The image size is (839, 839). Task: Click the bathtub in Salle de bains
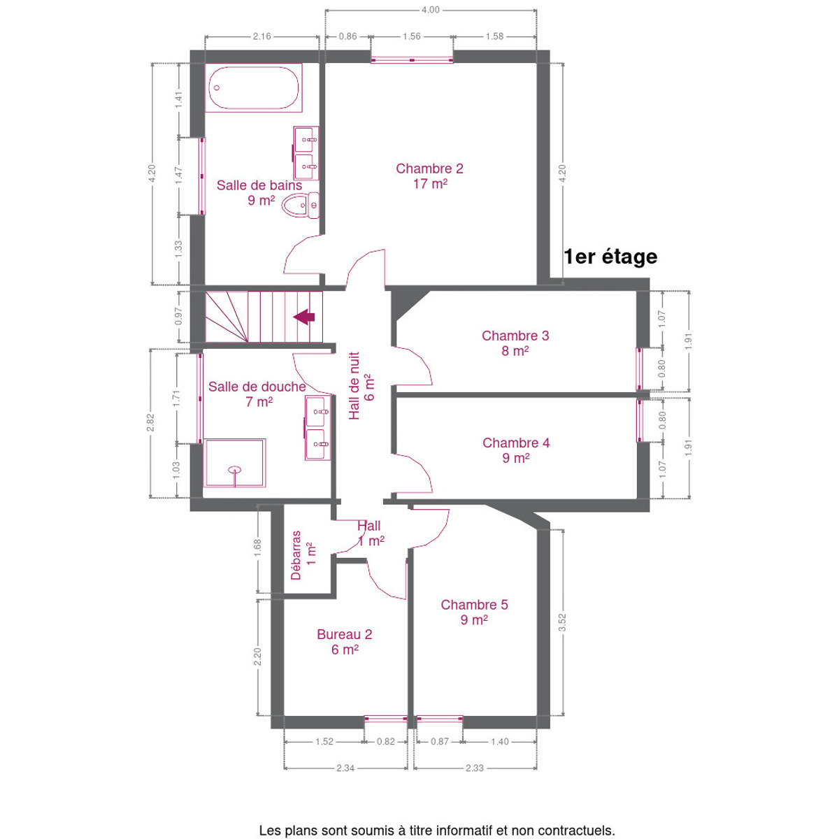(x=253, y=87)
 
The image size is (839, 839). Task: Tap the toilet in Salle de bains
(x=300, y=206)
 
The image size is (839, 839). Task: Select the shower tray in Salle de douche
(x=235, y=462)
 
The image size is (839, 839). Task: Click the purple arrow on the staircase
(x=304, y=317)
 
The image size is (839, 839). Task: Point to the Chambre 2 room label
(x=429, y=176)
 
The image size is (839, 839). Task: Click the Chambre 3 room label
(x=515, y=343)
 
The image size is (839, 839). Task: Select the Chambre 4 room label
(x=516, y=450)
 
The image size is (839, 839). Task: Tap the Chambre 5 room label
(x=474, y=612)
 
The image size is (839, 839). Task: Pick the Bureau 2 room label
(x=345, y=642)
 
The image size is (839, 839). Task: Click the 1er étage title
(x=610, y=257)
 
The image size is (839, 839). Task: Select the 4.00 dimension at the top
(x=430, y=10)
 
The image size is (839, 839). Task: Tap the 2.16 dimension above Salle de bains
(x=261, y=36)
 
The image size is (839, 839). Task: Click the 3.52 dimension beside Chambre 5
(x=562, y=623)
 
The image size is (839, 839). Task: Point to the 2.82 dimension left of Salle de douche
(x=150, y=422)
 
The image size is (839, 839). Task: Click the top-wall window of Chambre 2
(x=411, y=59)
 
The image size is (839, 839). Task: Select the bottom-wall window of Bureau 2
(x=385, y=719)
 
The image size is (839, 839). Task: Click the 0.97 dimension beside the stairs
(x=178, y=316)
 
